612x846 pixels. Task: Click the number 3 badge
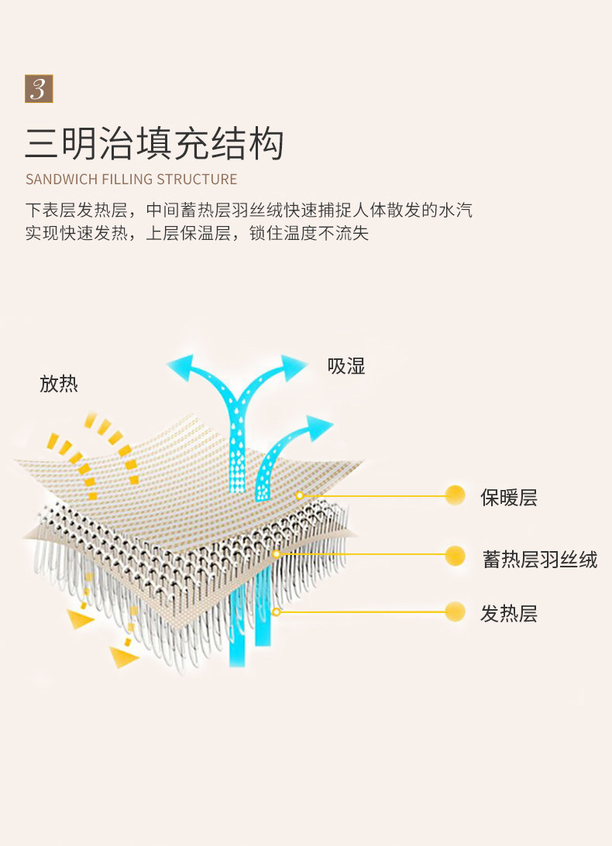tap(39, 89)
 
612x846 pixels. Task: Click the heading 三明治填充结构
tap(155, 144)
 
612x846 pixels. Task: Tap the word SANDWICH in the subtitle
tap(62, 180)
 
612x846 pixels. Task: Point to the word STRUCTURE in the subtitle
tap(197, 180)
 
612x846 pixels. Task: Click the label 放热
tap(59, 384)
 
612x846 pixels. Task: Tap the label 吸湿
tap(346, 366)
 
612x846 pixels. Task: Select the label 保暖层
tap(509, 497)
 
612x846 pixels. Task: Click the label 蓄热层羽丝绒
tap(540, 560)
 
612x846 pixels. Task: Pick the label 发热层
tap(509, 614)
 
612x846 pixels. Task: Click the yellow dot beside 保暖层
tap(456, 495)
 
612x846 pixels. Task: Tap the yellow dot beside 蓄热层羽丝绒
tap(456, 555)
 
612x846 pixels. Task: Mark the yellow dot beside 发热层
tap(456, 612)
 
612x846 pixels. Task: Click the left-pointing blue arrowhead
tap(179, 365)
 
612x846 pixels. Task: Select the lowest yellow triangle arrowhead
tap(122, 657)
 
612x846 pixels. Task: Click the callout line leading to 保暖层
tap(372, 495)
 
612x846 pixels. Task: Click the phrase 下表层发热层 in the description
tap(75, 211)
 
